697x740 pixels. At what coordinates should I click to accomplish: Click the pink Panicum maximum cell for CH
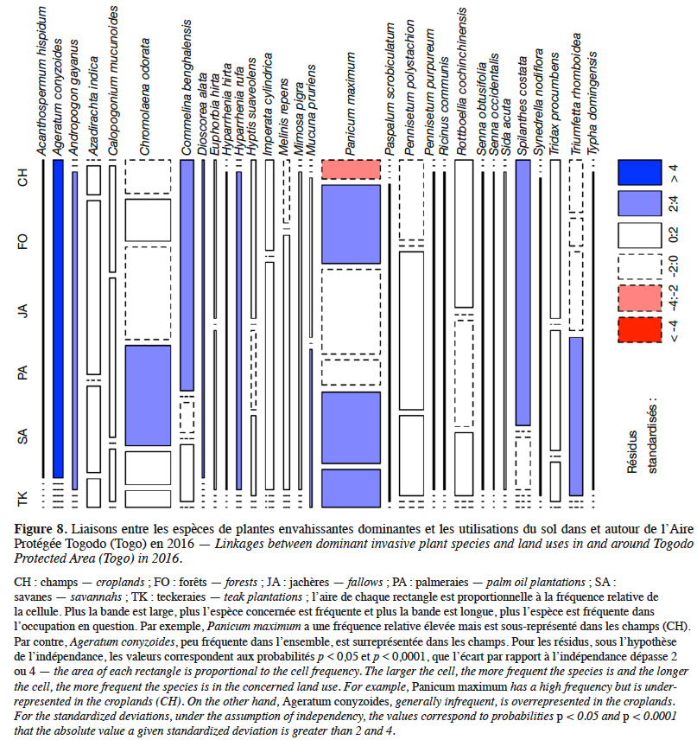click(x=351, y=169)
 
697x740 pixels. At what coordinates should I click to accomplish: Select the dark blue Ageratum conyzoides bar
click(x=58, y=319)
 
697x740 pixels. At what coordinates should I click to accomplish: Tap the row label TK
click(x=22, y=499)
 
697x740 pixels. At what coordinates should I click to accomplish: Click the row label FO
click(x=22, y=241)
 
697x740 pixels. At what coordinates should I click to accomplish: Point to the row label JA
click(x=22, y=310)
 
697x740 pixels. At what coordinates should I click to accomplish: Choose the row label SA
click(x=22, y=436)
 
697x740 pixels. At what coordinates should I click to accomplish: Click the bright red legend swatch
click(x=639, y=330)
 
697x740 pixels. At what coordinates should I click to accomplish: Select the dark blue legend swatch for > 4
click(x=639, y=172)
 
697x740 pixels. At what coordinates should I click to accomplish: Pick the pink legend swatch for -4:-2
click(x=639, y=298)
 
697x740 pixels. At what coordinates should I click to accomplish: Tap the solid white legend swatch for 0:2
click(x=639, y=235)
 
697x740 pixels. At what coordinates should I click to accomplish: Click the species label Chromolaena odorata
click(x=144, y=96)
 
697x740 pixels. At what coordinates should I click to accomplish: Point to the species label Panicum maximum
click(x=350, y=104)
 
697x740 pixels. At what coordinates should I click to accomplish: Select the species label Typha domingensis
click(x=592, y=104)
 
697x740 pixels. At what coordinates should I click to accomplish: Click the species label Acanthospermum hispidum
click(x=42, y=80)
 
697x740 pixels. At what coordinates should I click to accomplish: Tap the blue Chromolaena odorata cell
click(x=148, y=395)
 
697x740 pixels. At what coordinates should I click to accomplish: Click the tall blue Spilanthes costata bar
click(x=523, y=292)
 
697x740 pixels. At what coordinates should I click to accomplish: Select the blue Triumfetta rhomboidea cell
click(x=576, y=417)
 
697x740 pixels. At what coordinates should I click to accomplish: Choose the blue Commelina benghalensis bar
click(x=187, y=275)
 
